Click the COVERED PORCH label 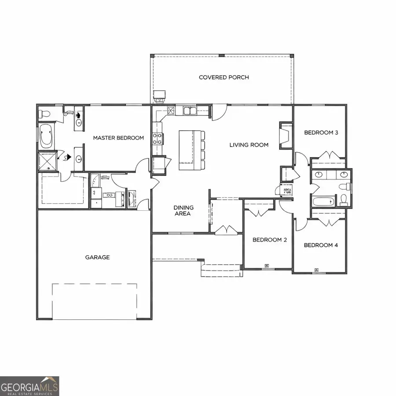pos(224,77)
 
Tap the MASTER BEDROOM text pos(118,138)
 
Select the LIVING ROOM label pos(249,145)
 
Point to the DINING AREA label pos(183,210)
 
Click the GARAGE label pos(97,257)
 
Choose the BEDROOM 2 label pos(269,240)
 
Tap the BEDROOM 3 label pos(321,132)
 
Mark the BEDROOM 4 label pos(321,245)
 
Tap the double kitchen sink pos(191,110)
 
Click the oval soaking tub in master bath pos(46,137)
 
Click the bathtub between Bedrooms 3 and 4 pos(323,202)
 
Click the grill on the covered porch pos(159,95)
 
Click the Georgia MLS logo pos(29,386)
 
